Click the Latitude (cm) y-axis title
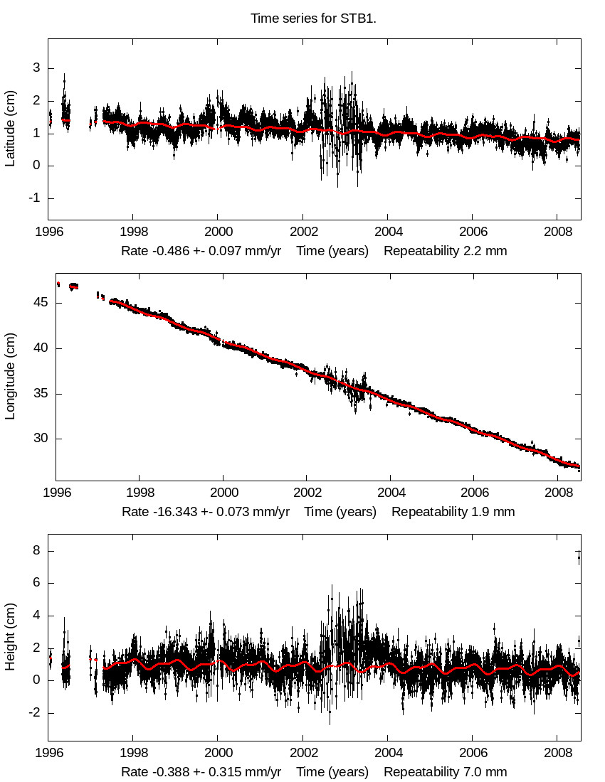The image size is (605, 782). (10, 129)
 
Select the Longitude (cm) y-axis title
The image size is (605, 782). (10, 377)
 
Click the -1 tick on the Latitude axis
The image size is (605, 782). (31, 198)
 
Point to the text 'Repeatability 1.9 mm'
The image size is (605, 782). (453, 512)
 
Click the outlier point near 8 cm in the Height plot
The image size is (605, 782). (579, 559)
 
